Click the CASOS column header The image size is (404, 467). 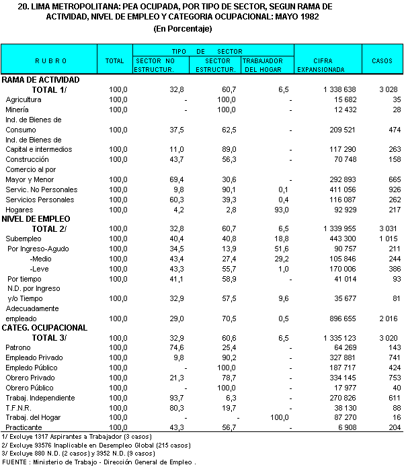[x=382, y=60]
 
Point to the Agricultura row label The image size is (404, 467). [x=24, y=99]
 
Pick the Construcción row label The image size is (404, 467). [x=27, y=159]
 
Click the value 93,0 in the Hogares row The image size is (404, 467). [x=280, y=210]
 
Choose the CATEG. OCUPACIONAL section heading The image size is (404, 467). [x=45, y=328]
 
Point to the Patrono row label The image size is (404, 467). [x=18, y=348]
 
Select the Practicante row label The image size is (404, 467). [x=24, y=427]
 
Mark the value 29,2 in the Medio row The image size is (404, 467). [x=280, y=259]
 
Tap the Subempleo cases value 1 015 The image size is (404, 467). [x=387, y=239]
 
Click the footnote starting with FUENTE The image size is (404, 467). [x=99, y=462]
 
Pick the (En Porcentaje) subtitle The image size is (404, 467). [x=182, y=28]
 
